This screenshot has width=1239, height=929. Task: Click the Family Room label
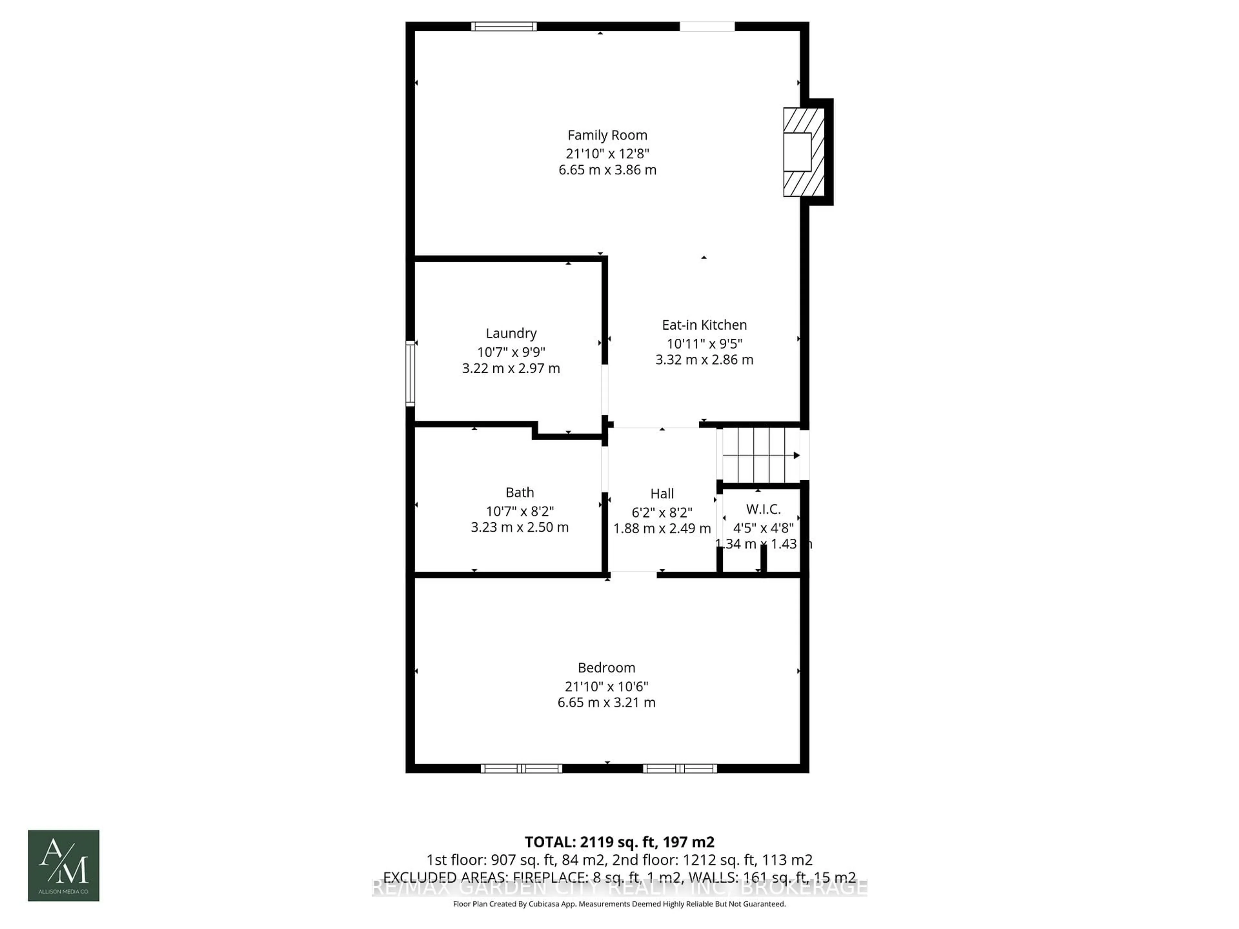point(607,135)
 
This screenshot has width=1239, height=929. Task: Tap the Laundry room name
point(511,333)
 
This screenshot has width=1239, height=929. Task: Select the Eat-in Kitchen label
point(704,325)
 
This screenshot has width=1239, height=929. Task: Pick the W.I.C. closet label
point(763,509)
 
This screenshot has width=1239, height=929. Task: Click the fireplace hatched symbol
point(804,152)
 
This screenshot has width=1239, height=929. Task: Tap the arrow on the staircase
point(795,455)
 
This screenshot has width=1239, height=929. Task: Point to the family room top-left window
point(504,26)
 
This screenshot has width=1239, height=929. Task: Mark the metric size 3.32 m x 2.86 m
point(704,360)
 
